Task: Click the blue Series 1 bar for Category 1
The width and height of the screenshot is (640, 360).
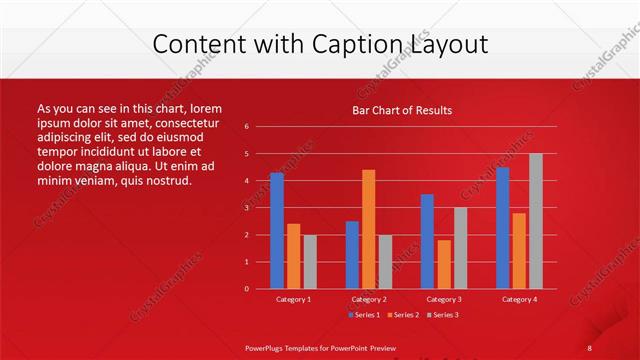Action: click(277, 231)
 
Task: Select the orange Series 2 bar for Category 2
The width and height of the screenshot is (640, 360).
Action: click(369, 229)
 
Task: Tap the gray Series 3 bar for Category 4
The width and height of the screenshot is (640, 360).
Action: click(535, 221)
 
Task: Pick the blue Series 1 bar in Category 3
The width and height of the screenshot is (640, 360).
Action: click(427, 241)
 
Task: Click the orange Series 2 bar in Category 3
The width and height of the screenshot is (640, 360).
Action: click(444, 264)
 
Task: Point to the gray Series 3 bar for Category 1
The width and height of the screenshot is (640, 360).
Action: click(310, 262)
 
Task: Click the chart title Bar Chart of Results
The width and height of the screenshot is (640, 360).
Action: click(402, 110)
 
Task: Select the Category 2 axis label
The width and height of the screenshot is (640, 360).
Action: click(369, 299)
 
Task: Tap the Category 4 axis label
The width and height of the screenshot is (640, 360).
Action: click(519, 299)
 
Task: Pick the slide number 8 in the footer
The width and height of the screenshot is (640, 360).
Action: click(589, 347)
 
